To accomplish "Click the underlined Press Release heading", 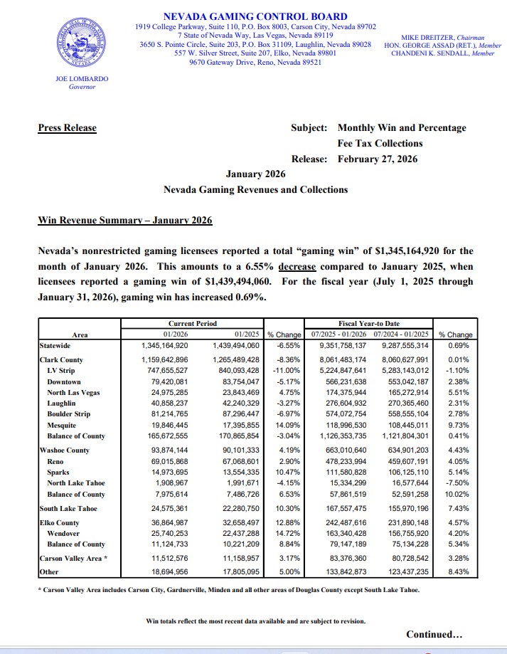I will coord(67,128).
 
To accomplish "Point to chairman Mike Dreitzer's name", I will coord(434,37).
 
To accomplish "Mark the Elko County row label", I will coord(60,523).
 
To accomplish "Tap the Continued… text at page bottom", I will coord(434,634).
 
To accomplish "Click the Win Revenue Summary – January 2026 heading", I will coord(124,221).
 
